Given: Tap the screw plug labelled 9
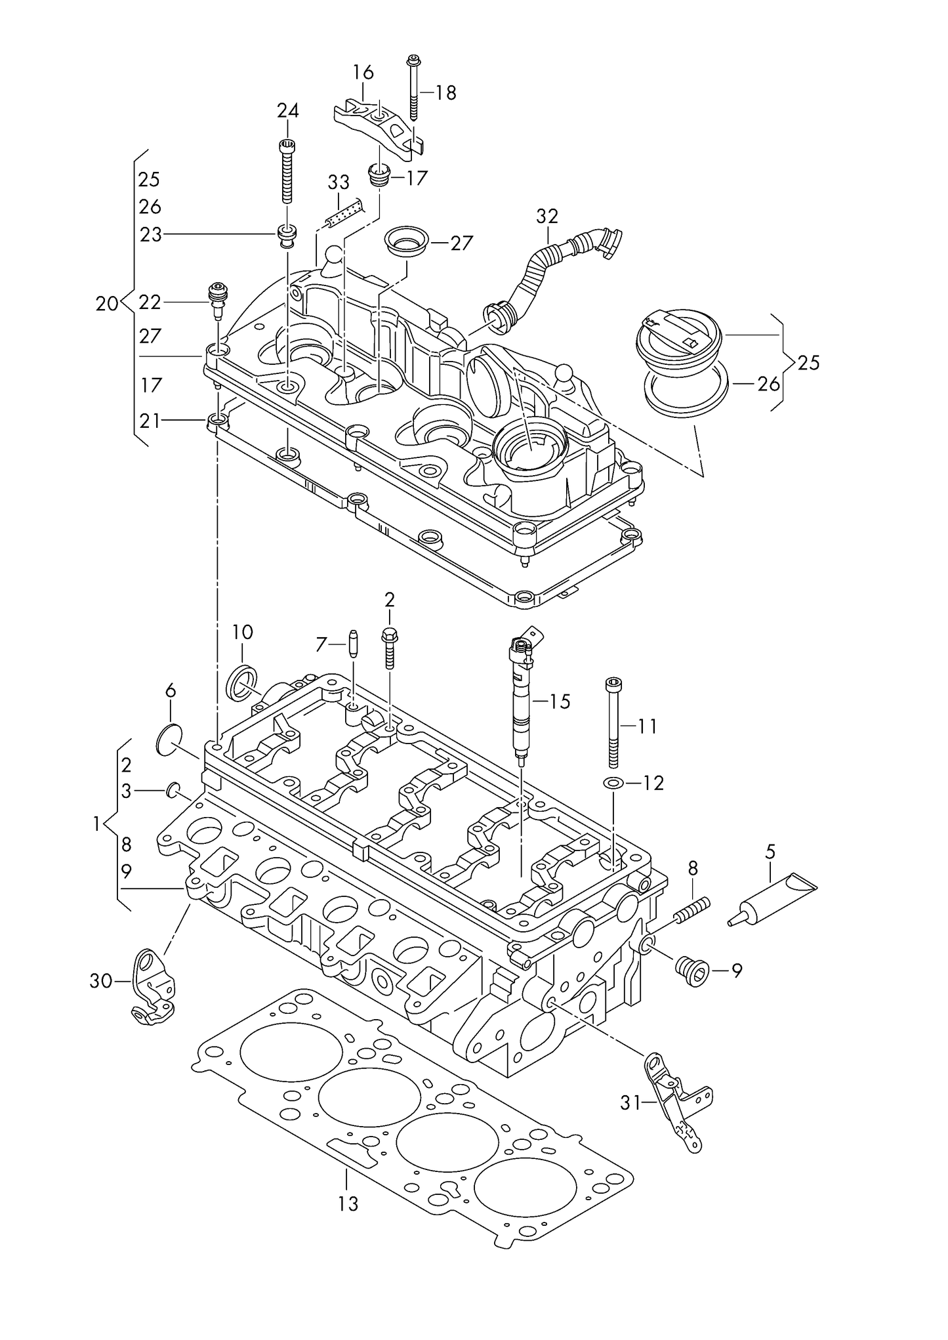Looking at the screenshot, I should tap(691, 971).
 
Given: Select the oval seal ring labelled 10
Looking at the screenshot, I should tap(241, 682).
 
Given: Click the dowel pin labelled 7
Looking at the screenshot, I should tap(354, 644).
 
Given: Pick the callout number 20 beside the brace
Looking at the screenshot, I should tap(107, 303).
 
